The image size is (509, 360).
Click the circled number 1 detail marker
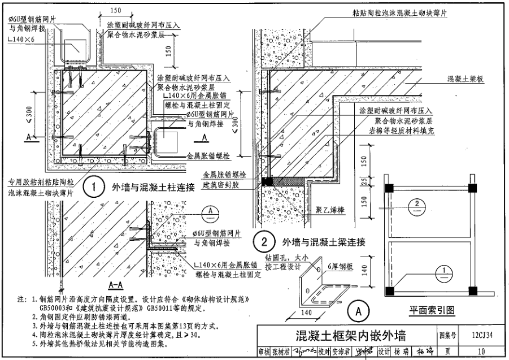(96, 187)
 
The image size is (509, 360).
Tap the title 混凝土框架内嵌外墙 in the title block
(346, 335)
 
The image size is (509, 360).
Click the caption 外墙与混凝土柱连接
(153, 188)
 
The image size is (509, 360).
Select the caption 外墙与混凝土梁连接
(324, 242)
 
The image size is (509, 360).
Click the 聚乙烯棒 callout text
(329, 210)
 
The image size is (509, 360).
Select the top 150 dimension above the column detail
(116, 10)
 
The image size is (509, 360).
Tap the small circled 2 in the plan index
(416, 203)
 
